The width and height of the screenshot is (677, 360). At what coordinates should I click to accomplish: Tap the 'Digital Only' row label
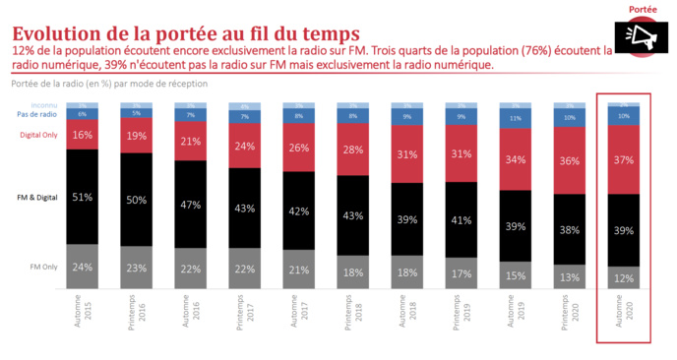(x=38, y=135)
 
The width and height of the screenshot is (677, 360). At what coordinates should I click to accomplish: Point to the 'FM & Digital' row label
(x=37, y=197)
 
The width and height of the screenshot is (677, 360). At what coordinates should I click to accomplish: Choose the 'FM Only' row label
(x=42, y=266)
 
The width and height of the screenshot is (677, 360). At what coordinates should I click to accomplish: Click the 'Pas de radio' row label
(x=38, y=115)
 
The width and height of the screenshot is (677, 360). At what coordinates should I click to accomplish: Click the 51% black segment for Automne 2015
(x=83, y=197)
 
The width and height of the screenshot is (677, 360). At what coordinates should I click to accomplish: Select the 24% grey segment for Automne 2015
(x=83, y=267)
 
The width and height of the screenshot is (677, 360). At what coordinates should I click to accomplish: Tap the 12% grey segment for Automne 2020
(x=624, y=278)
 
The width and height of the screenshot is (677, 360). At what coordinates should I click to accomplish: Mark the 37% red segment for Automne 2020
(x=624, y=159)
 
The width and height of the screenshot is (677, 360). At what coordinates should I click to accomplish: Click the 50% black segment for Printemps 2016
(x=137, y=201)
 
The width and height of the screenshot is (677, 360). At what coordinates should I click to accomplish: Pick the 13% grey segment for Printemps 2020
(x=570, y=277)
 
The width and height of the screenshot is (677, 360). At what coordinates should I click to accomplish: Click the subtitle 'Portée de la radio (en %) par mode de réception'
(x=109, y=84)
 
